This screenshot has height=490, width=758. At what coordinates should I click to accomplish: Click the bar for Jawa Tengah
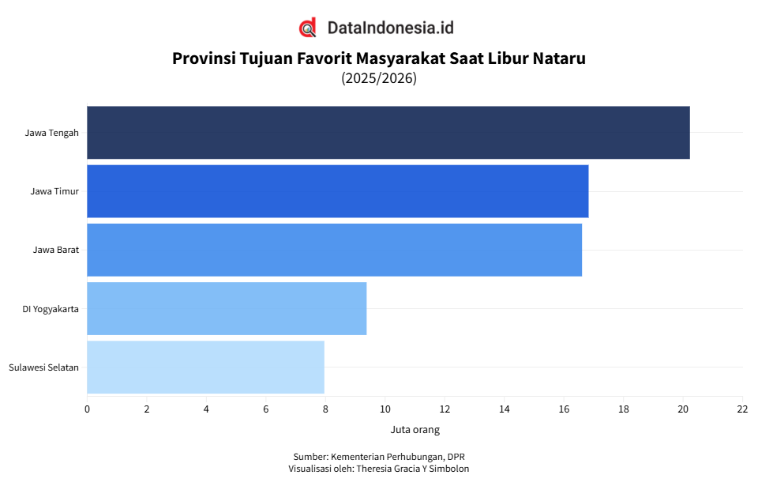[x=388, y=132]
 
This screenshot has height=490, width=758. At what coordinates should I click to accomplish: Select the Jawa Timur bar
[x=337, y=190]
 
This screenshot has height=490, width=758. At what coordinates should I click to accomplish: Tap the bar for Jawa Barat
[x=334, y=250]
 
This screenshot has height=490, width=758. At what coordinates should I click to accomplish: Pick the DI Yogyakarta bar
[x=227, y=308]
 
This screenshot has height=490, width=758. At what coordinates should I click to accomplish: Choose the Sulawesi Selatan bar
[x=205, y=367]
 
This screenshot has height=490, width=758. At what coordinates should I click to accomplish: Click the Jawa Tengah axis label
[x=51, y=133]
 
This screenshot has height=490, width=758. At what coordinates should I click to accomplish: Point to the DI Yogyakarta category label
[x=50, y=309]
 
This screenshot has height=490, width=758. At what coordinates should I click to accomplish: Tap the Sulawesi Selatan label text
[x=43, y=367]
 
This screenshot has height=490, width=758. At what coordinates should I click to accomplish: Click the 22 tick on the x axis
[x=742, y=409]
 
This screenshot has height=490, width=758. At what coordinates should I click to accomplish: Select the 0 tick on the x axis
[x=87, y=409]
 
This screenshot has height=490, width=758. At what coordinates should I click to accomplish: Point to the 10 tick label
[x=385, y=409]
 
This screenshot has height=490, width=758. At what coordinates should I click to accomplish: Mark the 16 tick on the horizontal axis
[x=564, y=409]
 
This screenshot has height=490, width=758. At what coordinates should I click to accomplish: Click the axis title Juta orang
[x=415, y=430]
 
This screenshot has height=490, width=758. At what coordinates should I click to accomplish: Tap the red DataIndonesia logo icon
[x=308, y=28]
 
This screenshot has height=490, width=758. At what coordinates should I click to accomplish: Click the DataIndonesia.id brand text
[x=390, y=28]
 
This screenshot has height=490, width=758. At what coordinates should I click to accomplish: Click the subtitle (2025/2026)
[x=379, y=78]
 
